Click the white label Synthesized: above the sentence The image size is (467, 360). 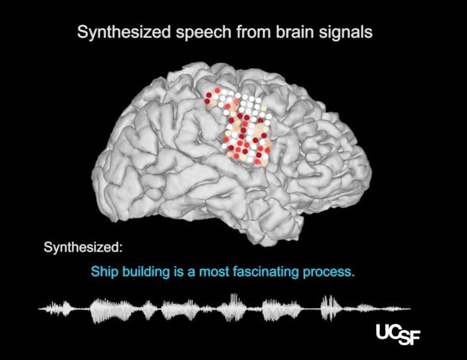coord(83,246)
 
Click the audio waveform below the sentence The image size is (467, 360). coord(224,309)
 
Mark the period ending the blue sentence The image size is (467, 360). coord(354,277)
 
